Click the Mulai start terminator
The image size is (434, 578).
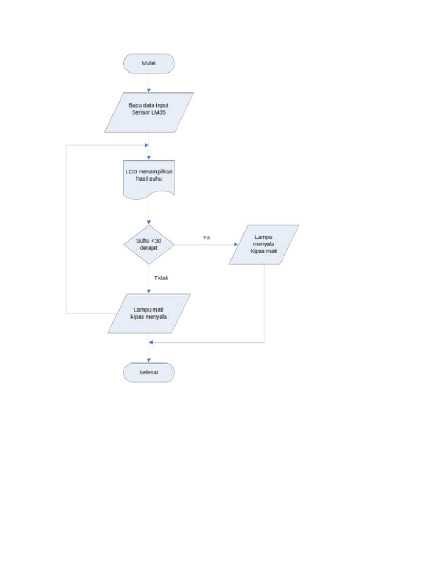(149, 63)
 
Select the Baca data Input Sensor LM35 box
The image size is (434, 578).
(149, 112)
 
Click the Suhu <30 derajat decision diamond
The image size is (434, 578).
(149, 244)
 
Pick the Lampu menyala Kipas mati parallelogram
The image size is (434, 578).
(264, 244)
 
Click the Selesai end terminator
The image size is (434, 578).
(149, 373)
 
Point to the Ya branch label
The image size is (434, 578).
(206, 238)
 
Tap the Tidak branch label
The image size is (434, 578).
(162, 278)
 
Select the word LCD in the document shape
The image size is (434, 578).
(131, 171)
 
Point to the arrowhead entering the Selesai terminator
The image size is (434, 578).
(149, 360)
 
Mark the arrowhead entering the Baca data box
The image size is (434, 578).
(149, 90)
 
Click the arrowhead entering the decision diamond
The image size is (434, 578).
(149, 224)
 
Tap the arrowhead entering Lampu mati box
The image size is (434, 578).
(149, 291)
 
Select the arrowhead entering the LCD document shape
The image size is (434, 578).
(149, 157)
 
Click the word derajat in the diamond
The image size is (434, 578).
(149, 248)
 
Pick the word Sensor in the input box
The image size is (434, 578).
(141, 112)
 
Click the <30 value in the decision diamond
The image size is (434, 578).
(157, 241)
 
